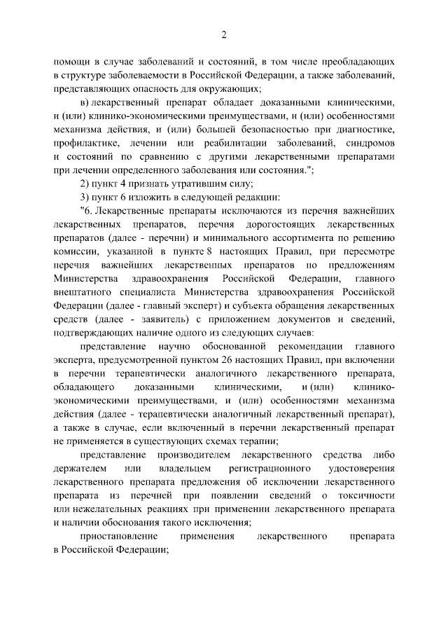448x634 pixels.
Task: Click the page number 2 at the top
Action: pyautogui.click(x=224, y=34)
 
